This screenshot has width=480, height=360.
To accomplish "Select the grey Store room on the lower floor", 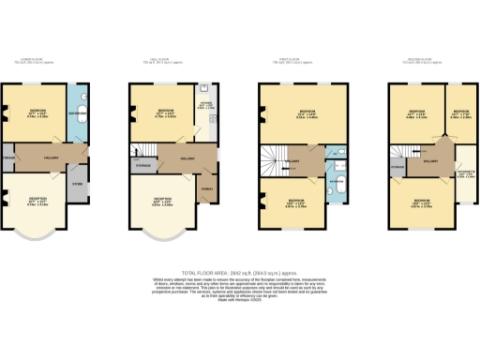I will pos(78,184).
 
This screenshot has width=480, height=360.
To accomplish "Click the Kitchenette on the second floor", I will pos(465,174).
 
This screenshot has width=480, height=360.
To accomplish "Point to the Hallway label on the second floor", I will pos(431,161).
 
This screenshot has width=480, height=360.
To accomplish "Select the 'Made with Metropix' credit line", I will pos(240,298).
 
